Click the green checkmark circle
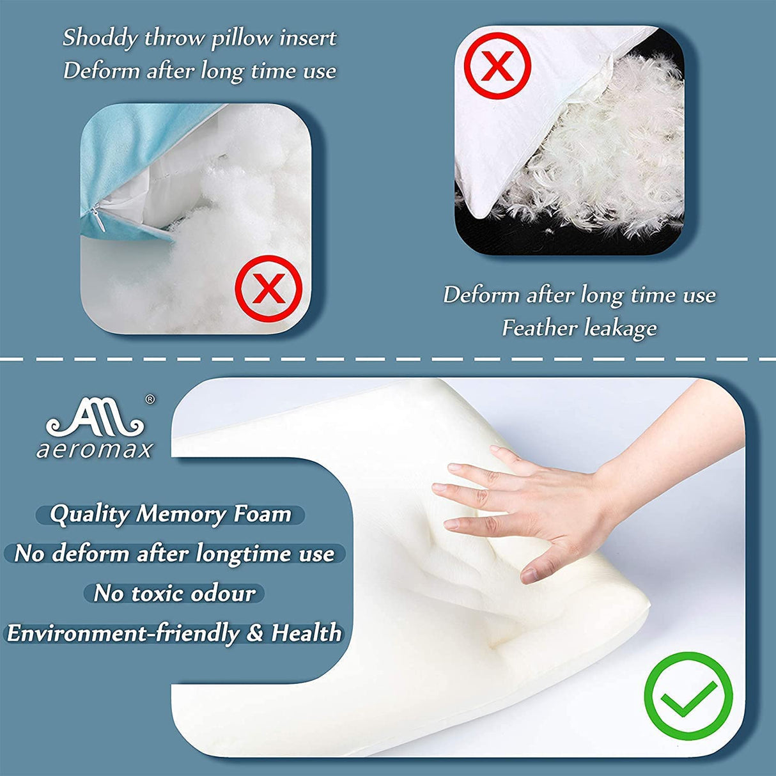[x=688, y=696]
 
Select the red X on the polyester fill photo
[x=268, y=288]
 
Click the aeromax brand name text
[x=95, y=449]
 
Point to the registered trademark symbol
[x=150, y=400]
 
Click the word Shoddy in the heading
[x=100, y=38]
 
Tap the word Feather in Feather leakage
[x=538, y=328]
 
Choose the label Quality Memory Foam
[x=171, y=514]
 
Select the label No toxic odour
[x=174, y=593]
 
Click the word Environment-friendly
[x=123, y=633]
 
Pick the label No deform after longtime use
[x=174, y=554]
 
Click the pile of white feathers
[x=594, y=166]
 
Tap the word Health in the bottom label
[x=306, y=633]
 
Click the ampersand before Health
[x=255, y=633]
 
